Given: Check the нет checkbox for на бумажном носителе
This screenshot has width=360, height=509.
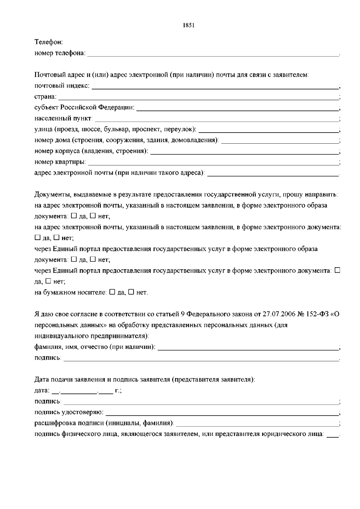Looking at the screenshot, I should click(131, 292).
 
